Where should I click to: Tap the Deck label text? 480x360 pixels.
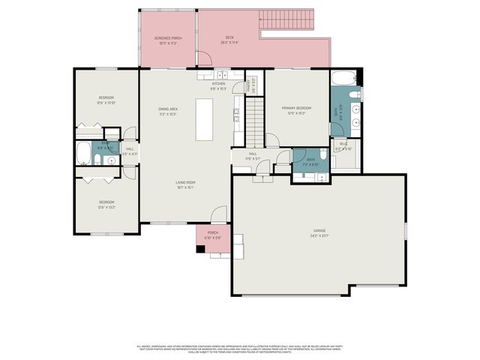pyautogui.click(x=230, y=40)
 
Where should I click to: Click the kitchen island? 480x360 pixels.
pyautogui.click(x=205, y=118)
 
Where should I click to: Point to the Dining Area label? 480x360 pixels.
pyautogui.click(x=167, y=112)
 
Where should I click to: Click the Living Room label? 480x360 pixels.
pyautogui.click(x=185, y=184)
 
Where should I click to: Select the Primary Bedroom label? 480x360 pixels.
pyautogui.click(x=296, y=111)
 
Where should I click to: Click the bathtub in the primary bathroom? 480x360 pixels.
pyautogui.click(x=344, y=79)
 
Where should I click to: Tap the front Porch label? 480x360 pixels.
pyautogui.click(x=213, y=235)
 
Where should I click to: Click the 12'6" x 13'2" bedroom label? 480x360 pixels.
pyautogui.click(x=106, y=204)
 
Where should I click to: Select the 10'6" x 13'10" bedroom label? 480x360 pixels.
pyautogui.click(x=106, y=100)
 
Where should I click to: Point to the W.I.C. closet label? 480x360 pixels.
pyautogui.click(x=343, y=145)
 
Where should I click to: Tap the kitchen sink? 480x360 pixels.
pyautogui.click(x=223, y=74)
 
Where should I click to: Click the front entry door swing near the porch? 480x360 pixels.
pyautogui.click(x=218, y=215)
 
